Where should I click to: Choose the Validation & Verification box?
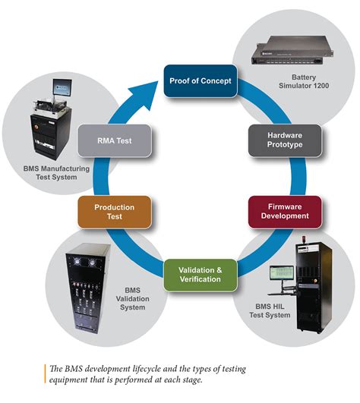200,273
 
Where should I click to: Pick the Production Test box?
114,212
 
